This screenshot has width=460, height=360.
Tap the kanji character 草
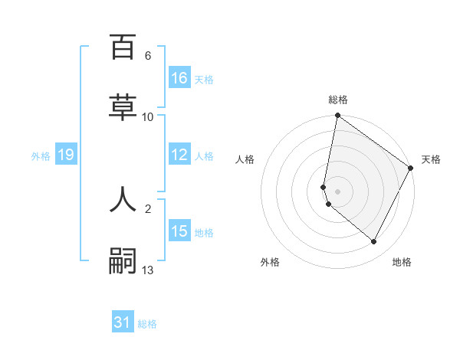tap(123, 108)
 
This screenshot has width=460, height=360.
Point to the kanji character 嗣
tap(123, 261)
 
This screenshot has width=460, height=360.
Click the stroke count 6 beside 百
tap(148, 56)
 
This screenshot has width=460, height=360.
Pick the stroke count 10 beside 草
tap(148, 117)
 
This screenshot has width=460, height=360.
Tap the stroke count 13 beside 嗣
tap(148, 270)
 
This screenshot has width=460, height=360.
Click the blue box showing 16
tap(179, 78)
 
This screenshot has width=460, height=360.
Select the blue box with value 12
tap(179, 155)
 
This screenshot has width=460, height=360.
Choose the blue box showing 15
tap(179, 231)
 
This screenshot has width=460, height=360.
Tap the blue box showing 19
tap(65, 155)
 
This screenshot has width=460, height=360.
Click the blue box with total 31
tap(123, 322)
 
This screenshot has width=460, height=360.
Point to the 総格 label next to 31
tap(147, 324)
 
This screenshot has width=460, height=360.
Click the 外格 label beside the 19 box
tap(41, 156)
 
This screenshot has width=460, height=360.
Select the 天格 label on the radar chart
tap(431, 159)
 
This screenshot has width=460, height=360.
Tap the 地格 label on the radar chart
tap(402, 262)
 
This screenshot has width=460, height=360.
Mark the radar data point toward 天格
tap(411, 169)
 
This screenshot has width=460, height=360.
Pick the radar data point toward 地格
tap(374, 242)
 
